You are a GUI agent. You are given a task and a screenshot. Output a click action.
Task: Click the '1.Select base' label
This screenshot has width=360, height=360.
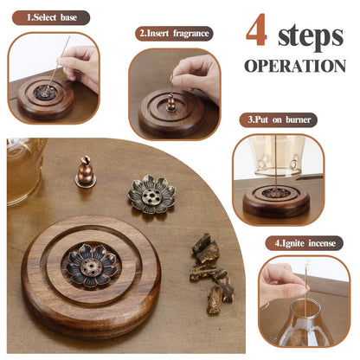coord(51,17)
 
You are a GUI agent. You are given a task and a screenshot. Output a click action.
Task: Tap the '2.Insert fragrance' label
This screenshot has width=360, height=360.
coord(174,34)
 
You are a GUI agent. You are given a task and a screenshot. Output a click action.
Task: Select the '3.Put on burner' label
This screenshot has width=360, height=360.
coord(279,119)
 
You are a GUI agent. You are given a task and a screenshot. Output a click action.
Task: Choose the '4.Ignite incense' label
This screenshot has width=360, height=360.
coord(305,243)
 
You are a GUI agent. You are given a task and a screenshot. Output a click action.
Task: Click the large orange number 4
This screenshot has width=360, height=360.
coord(257,30)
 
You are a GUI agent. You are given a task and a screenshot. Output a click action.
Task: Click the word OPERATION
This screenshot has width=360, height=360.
coord(295,66)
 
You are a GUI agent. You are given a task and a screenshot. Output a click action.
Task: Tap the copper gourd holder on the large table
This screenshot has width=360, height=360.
coord(86,172)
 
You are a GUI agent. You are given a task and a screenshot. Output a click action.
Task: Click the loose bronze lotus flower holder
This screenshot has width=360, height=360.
coord(151,194)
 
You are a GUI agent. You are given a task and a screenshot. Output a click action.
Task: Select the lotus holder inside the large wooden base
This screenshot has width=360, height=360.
coord(92,266)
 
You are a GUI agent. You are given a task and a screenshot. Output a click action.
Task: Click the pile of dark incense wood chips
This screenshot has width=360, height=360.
coord(212,273)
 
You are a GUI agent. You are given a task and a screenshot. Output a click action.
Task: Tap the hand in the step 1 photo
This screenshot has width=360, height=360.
coord(79,67)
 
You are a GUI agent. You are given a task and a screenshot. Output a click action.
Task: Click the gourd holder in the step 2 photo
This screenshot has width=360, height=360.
coord(170,101)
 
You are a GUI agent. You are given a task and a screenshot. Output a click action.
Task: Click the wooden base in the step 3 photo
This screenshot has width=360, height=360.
coord(276,202)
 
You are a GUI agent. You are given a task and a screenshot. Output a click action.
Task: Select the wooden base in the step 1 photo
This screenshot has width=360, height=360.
coord(46,98)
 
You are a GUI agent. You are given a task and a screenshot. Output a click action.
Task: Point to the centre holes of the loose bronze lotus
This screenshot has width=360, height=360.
coord(151,196)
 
